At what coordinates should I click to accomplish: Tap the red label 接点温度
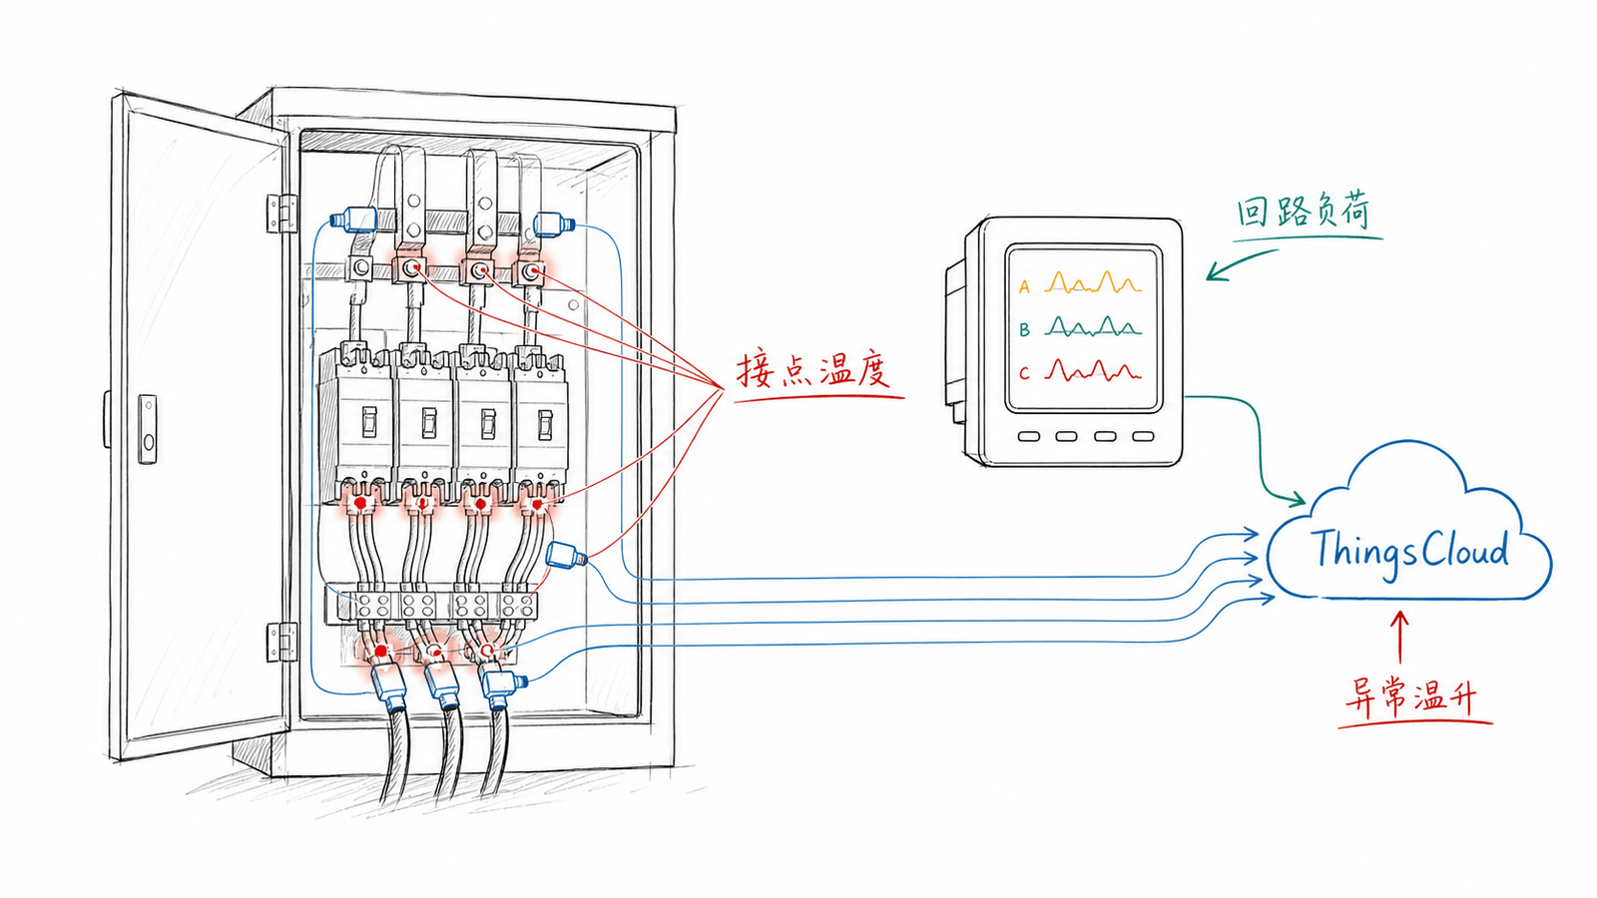pos(812,370)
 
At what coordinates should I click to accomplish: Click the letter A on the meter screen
pos(1024,287)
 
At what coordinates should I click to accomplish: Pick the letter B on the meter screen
pos(1024,330)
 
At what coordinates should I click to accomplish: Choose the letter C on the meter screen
pos(1024,373)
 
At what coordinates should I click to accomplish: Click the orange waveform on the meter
pos(1094,283)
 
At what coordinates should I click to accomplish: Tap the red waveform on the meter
pos(1094,370)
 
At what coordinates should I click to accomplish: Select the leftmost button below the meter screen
pos(1029,436)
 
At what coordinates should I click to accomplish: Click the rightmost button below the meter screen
pos(1144,436)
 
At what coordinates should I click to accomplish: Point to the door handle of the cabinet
pos(148,429)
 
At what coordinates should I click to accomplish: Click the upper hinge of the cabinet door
pos(281,213)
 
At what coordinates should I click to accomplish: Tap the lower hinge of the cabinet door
pos(281,642)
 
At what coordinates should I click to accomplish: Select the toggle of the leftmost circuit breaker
pos(369,422)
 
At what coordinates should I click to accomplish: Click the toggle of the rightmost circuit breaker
pos(545,425)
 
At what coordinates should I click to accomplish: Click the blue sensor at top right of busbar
pos(554,224)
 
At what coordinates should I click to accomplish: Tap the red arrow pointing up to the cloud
pos(1400,638)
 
